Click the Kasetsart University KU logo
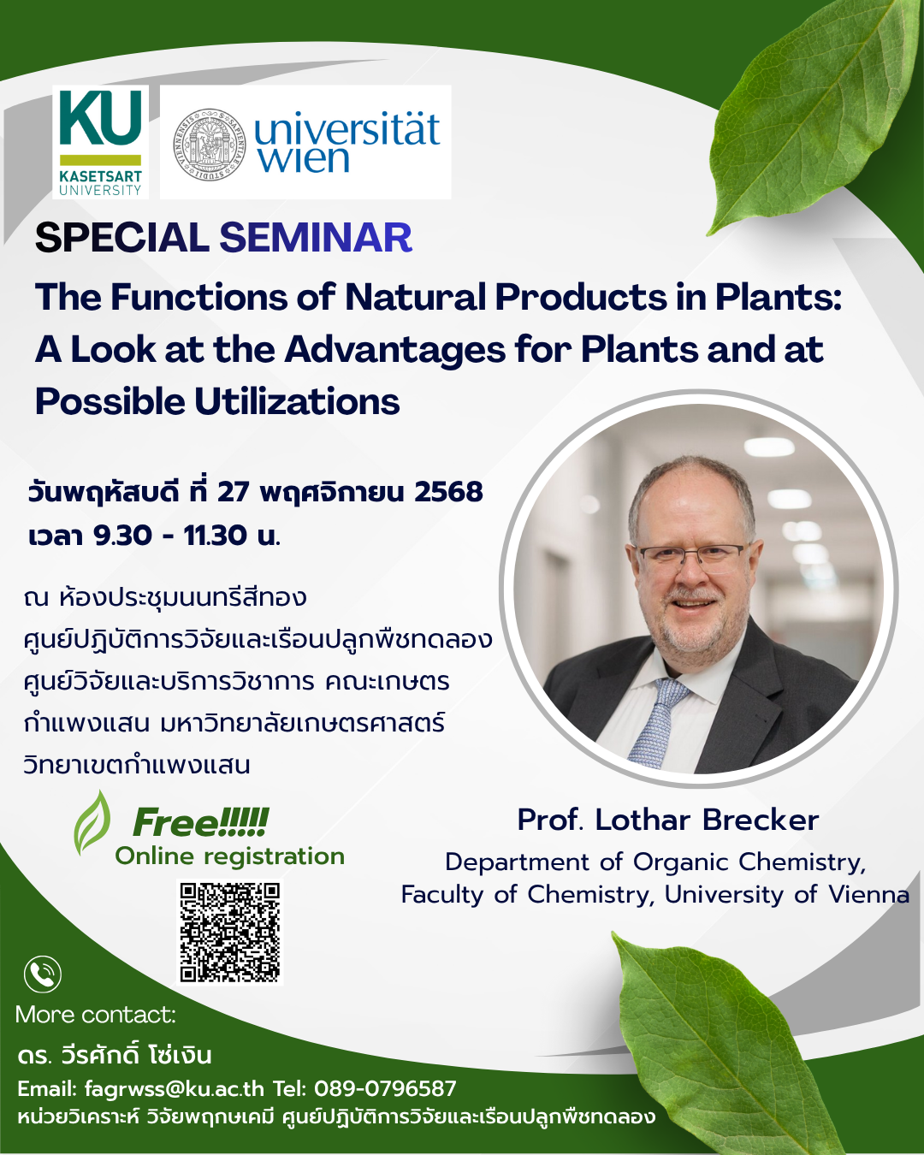pos(100,142)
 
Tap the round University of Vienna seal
pos(210,144)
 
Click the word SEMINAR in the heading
pos(316,238)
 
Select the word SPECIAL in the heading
pos(121,238)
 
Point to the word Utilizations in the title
pos(297,401)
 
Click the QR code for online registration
pos(230,933)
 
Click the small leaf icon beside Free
pos(92,823)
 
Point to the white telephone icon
pos(43,974)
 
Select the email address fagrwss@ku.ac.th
pos(174,1088)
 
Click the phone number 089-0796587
pos(385,1088)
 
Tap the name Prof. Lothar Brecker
pos(668,820)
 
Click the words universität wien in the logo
pos(347,142)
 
